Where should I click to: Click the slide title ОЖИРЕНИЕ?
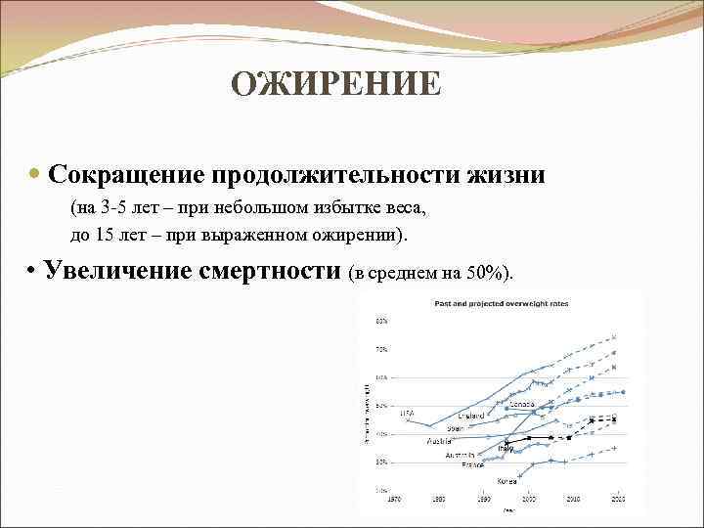[336, 85]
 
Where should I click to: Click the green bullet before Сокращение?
[36, 176]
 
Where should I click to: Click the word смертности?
[286, 271]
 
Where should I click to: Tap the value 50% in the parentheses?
[482, 273]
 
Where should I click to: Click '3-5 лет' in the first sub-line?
[120, 208]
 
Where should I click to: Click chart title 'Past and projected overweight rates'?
[502, 303]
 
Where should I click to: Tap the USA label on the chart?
[407, 413]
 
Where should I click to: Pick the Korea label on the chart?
[506, 480]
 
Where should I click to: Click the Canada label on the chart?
[521, 404]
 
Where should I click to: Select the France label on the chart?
[473, 464]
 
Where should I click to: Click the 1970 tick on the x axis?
[395, 499]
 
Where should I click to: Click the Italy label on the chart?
[506, 448]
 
